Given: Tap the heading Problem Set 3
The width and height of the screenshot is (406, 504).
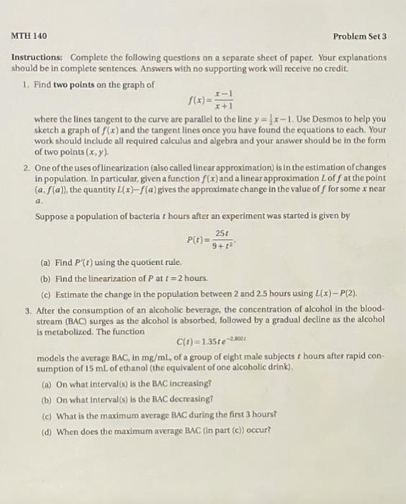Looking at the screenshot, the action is pyautogui.click(x=360, y=36).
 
